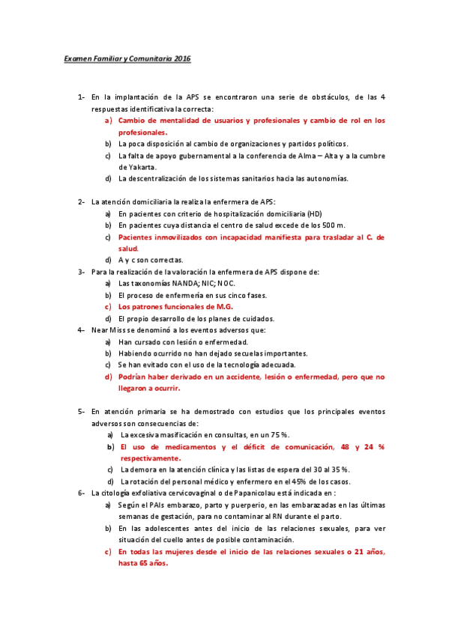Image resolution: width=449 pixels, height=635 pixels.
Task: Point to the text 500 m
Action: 333,225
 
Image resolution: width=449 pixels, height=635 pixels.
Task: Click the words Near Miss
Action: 107,329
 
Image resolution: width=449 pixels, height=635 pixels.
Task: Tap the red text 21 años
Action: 370,551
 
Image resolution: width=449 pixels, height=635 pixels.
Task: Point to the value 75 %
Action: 277,434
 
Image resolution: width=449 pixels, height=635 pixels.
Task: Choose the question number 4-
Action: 80,329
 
